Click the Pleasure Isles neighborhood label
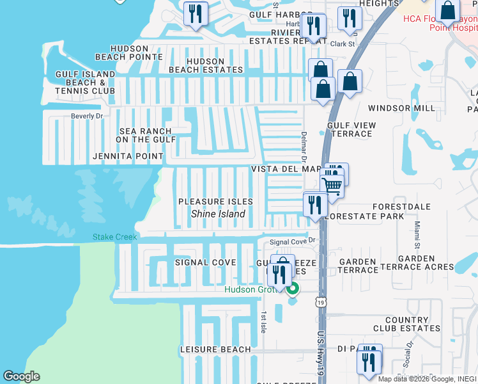pyautogui.click(x=215, y=202)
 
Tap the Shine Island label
pyautogui.click(x=218, y=214)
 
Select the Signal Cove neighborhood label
pyautogui.click(x=205, y=262)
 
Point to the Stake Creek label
pyautogui.click(x=115, y=237)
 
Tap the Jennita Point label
pyautogui.click(x=128, y=156)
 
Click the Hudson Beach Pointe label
pyautogui.click(x=131, y=52)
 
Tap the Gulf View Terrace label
pyautogui.click(x=349, y=130)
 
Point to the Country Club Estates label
pyautogui.click(x=412, y=324)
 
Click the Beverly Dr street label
pyautogui.click(x=86, y=116)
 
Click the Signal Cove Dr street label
pyautogui.click(x=293, y=241)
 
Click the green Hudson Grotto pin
pyautogui.click(x=293, y=289)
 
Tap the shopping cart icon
pyautogui.click(x=332, y=185)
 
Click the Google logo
pyautogui.click(x=21, y=376)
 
